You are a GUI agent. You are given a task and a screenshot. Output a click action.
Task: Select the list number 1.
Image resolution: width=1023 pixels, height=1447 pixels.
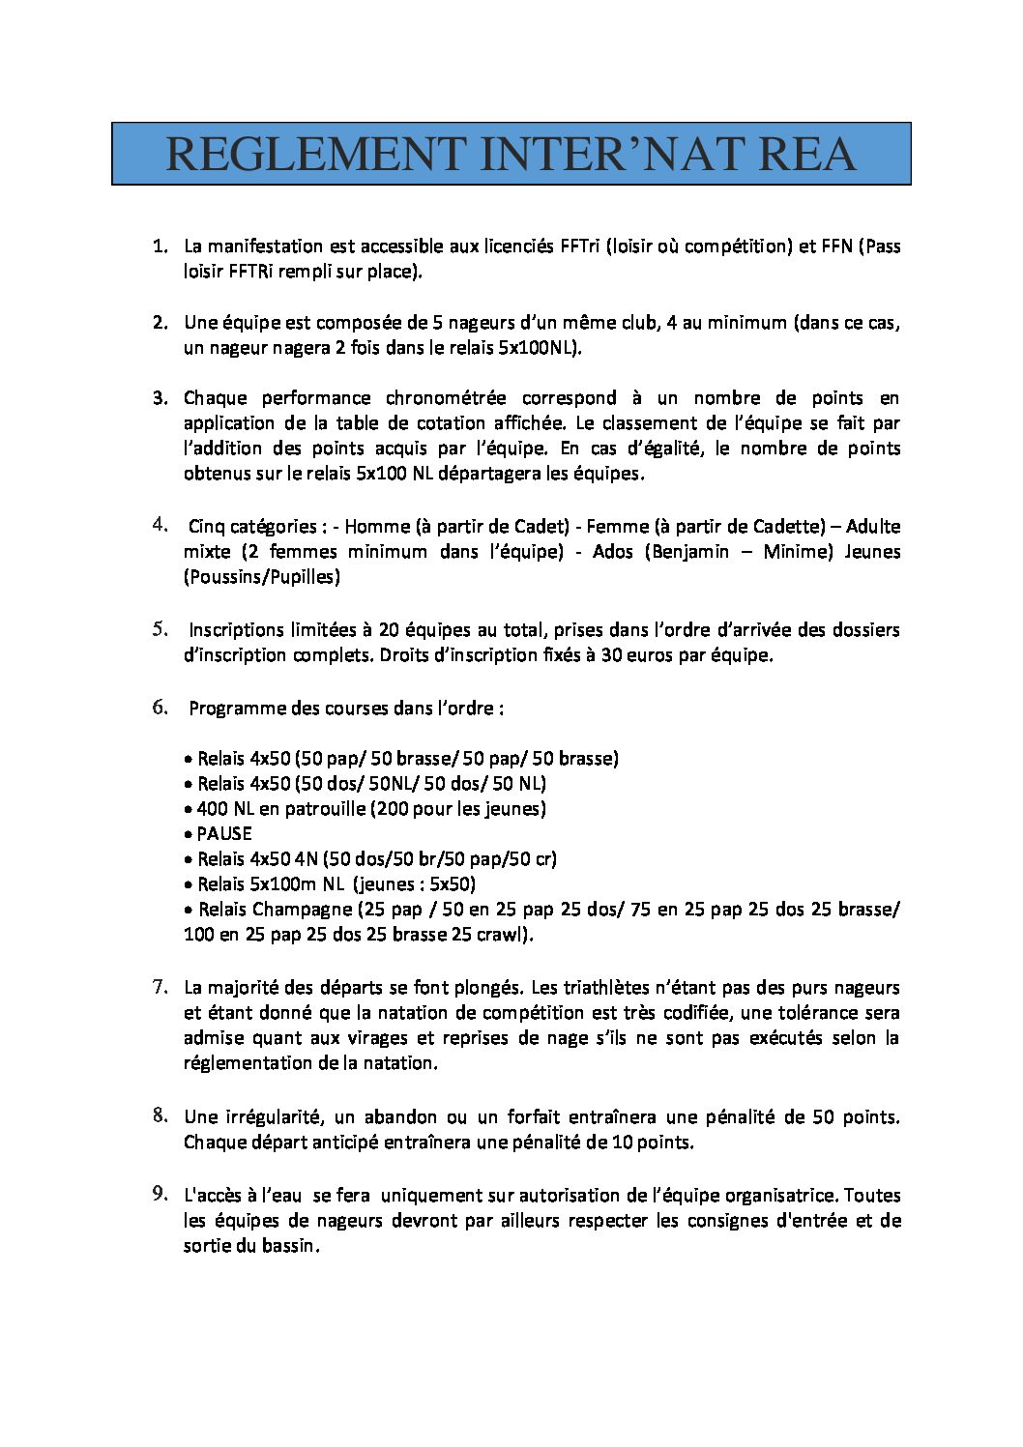pos(160,246)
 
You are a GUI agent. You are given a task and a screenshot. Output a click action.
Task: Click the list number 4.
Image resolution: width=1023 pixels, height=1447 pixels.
pos(160,525)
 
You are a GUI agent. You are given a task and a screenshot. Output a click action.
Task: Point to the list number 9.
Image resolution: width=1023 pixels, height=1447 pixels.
pos(160,1194)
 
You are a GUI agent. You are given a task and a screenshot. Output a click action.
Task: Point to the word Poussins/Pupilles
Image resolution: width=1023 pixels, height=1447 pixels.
pos(262,577)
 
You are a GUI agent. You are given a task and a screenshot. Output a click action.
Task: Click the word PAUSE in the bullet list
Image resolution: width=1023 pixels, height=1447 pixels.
pos(224,834)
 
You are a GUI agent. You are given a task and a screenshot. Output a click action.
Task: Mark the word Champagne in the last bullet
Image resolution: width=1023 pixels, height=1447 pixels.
pos(303,910)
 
